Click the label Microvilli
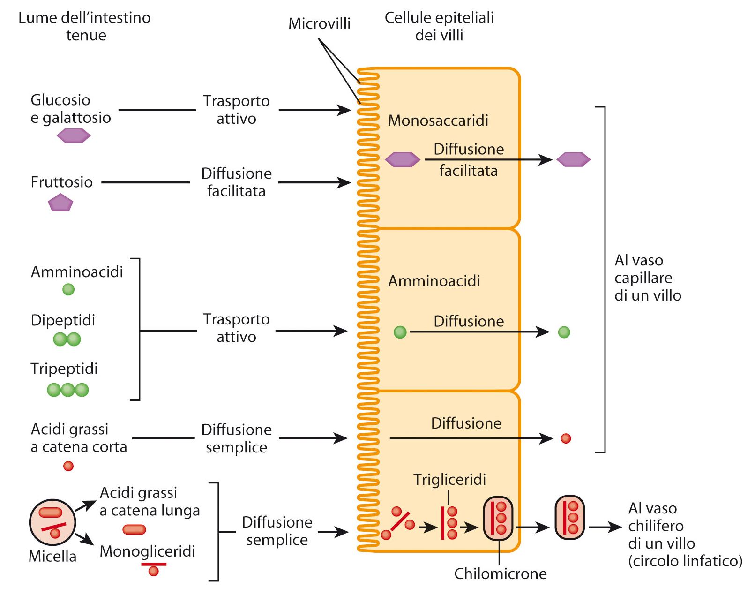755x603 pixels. tap(319, 23)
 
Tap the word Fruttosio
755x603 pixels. tap(61, 182)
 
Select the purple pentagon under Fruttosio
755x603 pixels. tap(61, 203)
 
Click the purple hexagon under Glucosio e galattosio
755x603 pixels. tap(74, 136)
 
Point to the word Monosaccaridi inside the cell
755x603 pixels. tap(438, 121)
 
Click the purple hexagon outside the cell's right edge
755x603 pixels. tap(573, 159)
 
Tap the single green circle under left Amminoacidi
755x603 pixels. tap(68, 289)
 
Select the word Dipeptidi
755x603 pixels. tap(63, 320)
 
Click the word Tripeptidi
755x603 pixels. tap(64, 369)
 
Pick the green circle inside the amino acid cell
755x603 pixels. tap(400, 332)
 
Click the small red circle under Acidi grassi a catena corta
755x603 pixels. tap(68, 466)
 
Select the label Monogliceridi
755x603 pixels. tap(147, 551)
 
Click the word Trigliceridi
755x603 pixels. tap(449, 479)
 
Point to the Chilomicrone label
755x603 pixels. tap(500, 573)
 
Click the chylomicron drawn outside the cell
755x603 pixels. tap(569, 518)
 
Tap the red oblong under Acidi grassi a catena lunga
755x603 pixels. tap(134, 529)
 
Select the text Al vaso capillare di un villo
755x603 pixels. tap(648, 278)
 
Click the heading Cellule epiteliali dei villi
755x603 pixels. tap(439, 26)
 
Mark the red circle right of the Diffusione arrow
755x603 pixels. tap(566, 438)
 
